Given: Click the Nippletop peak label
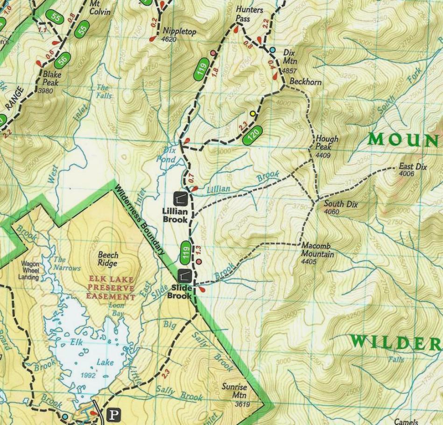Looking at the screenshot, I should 179,32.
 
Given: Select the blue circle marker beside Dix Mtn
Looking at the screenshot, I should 273,50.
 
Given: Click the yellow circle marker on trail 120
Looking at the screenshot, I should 253,113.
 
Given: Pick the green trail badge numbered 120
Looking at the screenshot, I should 253,135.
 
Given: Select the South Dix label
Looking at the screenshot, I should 341,204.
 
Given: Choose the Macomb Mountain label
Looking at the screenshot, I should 317,250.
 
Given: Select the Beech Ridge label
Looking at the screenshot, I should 108,259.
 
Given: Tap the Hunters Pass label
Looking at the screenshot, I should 249,14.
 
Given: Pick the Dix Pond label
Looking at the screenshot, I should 167,155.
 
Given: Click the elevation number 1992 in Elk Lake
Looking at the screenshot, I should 88,376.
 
